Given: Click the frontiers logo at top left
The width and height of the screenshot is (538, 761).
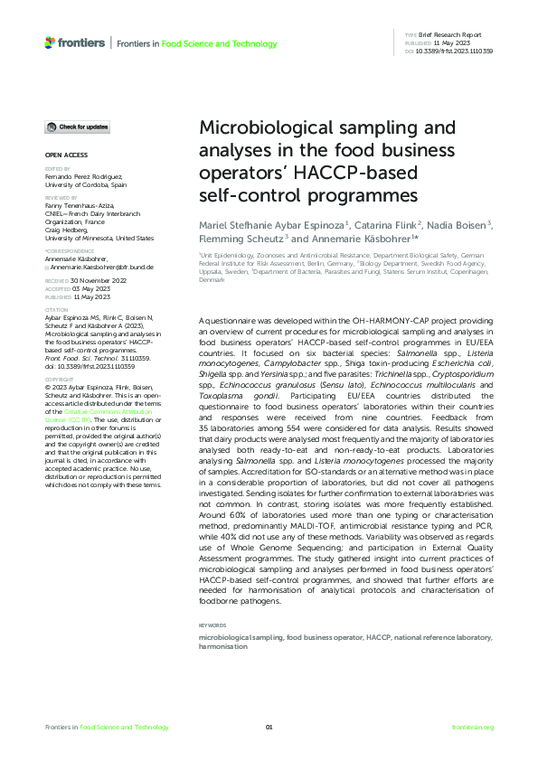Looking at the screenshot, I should click(x=75, y=42).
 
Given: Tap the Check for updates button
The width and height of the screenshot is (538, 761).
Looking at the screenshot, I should click(x=78, y=127).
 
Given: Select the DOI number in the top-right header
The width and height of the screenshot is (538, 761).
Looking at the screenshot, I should click(x=454, y=51).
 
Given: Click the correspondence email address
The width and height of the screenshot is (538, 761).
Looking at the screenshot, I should click(x=99, y=268).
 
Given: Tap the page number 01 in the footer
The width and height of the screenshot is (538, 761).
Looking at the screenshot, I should click(x=269, y=728).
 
